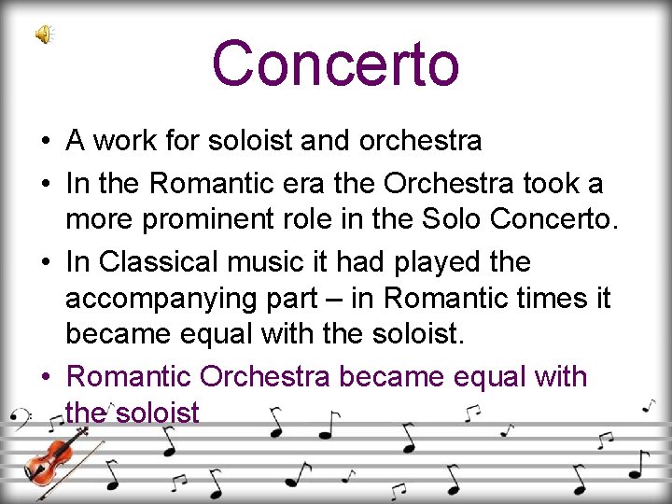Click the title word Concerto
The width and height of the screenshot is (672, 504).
click(x=336, y=63)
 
